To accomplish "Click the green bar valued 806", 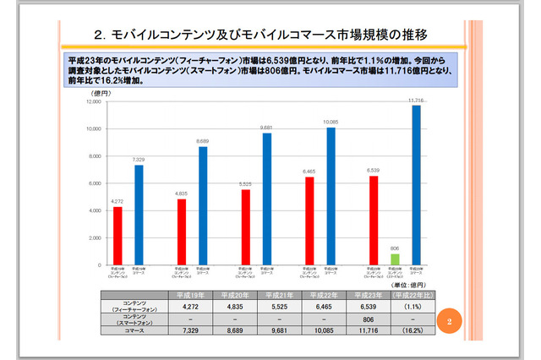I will (394, 259).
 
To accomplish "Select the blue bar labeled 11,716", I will (415, 185).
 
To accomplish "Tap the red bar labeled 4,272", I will (117, 236).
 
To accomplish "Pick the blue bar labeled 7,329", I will (139, 215).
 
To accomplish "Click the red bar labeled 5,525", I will (245, 226).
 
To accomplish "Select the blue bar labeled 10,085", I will (331, 196).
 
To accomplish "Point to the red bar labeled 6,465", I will (309, 221).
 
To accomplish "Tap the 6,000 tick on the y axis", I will (95, 183).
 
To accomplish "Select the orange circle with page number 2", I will (451, 320).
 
